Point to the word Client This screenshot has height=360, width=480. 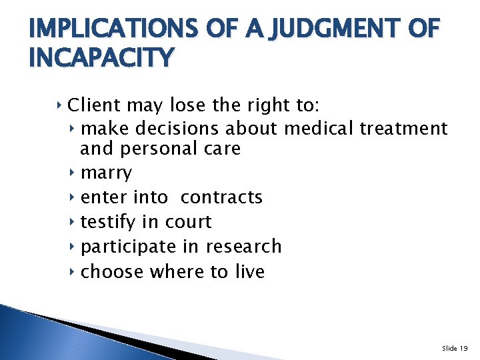[x=94, y=105]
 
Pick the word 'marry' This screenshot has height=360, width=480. [x=106, y=173]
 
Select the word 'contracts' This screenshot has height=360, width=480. [x=221, y=197]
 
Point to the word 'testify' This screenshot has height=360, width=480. [x=107, y=222]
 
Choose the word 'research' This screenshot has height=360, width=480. [x=243, y=247]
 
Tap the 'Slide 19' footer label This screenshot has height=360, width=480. [x=455, y=348]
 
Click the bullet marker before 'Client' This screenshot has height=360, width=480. [x=60, y=105]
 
